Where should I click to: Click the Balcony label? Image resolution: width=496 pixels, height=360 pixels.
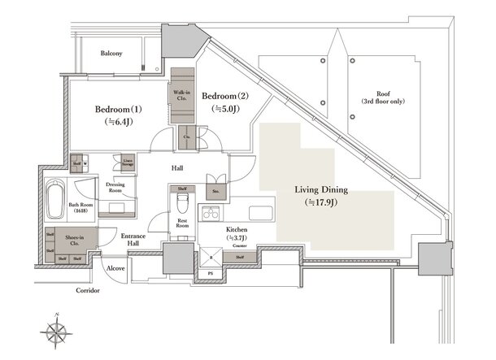pos(111,54)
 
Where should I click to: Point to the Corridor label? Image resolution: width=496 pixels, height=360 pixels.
pos(89,289)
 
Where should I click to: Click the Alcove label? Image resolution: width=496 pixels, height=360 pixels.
pos(115,267)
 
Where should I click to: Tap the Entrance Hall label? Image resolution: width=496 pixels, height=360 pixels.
pos(133,240)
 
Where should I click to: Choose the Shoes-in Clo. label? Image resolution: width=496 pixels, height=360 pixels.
pos(71,239)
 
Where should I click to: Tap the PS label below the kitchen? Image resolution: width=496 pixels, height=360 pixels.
pos(210,273)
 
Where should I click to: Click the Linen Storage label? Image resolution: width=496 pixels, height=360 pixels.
pos(128,162)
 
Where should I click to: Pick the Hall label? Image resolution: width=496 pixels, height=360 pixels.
pos(177,168)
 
